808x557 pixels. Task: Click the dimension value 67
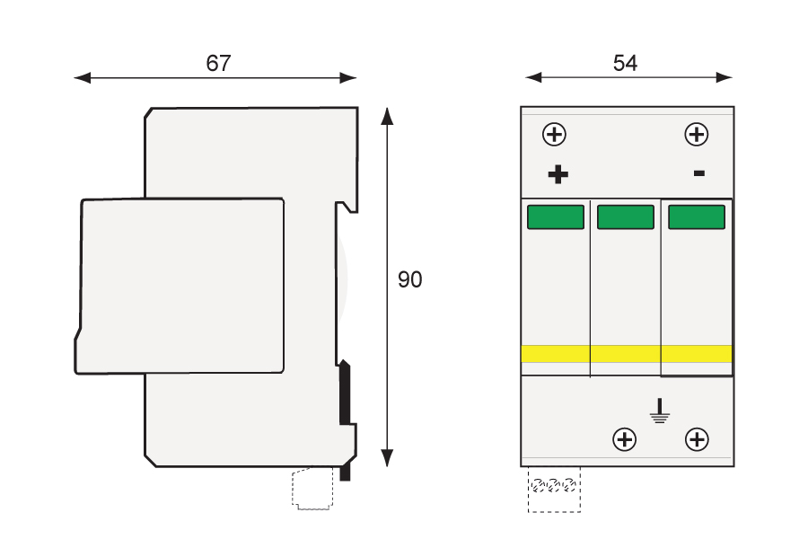point(218,64)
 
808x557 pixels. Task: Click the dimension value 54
point(626,63)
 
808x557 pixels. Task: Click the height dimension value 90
point(409,280)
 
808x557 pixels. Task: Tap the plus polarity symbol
point(558,174)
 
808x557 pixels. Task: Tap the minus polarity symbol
point(698,172)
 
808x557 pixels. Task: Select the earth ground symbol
point(660,412)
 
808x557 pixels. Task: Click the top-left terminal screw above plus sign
point(555,135)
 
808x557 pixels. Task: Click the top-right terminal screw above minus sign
point(697,135)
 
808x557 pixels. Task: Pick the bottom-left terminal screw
point(624,439)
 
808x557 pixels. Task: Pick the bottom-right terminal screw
point(697,439)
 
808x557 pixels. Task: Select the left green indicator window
point(555,217)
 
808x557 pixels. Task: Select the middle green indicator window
point(625,217)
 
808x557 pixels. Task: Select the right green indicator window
point(696,217)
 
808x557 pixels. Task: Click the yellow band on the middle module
point(625,354)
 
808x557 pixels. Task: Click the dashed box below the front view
point(554,490)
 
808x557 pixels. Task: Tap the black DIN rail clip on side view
point(344,395)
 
